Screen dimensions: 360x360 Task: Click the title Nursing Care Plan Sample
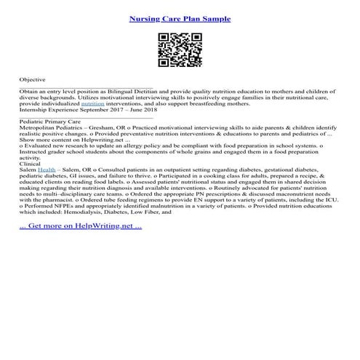180,18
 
